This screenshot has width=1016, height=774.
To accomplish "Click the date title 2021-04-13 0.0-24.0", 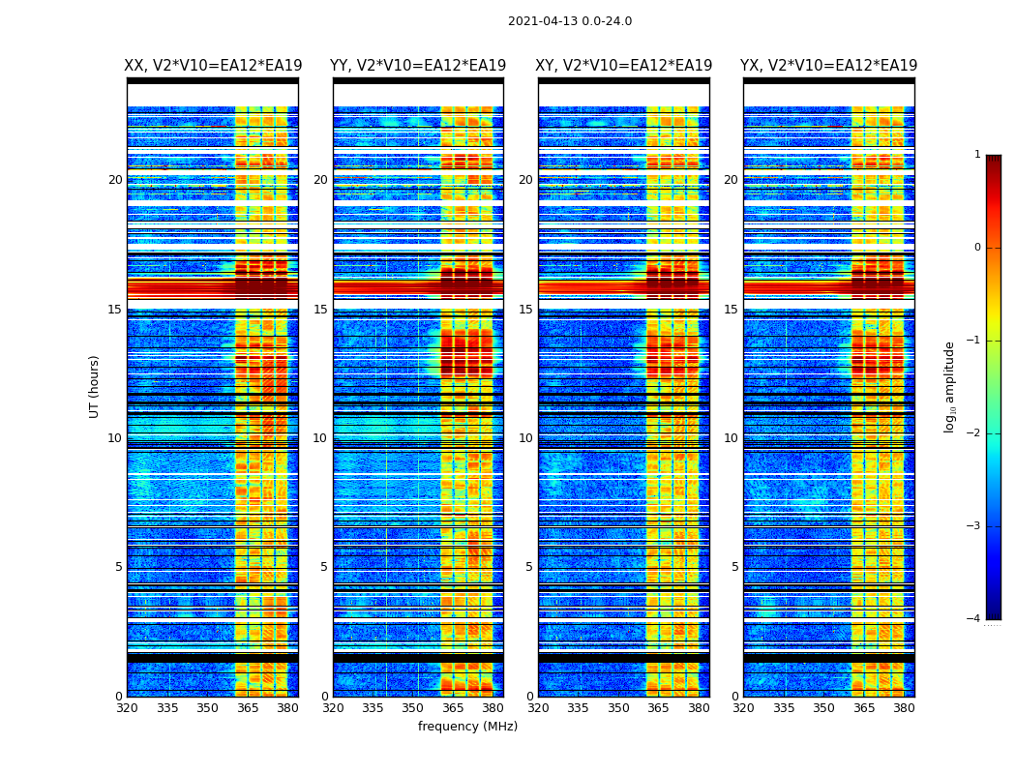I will (570, 21).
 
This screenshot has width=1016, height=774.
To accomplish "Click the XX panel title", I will (213, 66).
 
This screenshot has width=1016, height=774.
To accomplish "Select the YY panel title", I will (418, 66).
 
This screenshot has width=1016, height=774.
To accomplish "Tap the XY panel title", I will (624, 66).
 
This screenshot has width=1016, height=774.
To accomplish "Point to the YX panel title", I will (829, 66).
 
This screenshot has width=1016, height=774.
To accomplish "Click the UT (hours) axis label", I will (95, 386).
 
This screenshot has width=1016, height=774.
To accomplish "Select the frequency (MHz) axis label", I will (467, 727).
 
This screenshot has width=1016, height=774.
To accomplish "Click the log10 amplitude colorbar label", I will (950, 386).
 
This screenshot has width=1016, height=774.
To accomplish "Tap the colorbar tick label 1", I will (976, 155).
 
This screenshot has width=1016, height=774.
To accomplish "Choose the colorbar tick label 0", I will (976, 248).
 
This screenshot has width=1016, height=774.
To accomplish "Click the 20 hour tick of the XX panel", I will (115, 180).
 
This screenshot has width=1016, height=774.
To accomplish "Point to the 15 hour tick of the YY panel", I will (320, 310).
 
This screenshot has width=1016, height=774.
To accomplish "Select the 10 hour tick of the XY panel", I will (525, 438).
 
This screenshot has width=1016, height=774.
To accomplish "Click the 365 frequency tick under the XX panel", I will (248, 708).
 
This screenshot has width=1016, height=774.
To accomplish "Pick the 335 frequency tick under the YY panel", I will (373, 708).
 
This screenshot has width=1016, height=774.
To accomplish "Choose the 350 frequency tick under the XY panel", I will (618, 708).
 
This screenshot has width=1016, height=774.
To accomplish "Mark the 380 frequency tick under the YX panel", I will (904, 708).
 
